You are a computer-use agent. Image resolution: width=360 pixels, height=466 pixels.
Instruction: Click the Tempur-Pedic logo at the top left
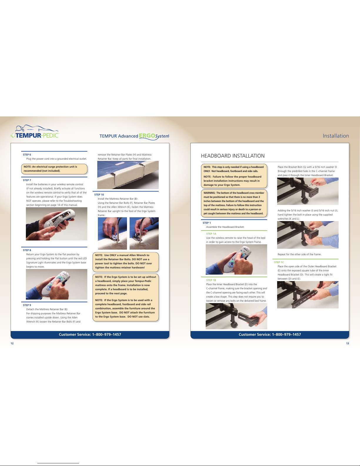click(35, 131)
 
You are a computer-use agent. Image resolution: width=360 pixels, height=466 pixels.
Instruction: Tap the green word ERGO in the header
click(147, 136)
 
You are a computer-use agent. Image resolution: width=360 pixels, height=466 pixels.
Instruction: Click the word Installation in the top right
click(336, 136)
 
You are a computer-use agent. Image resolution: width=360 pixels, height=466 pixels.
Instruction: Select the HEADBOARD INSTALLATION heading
click(233, 156)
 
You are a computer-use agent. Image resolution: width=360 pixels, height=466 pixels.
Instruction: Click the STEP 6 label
click(27, 155)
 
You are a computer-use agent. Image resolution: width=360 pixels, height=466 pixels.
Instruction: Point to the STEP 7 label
click(27, 180)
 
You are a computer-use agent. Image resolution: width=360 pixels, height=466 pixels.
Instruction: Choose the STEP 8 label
click(27, 250)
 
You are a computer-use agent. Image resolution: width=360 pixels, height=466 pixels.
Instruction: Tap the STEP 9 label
click(27, 305)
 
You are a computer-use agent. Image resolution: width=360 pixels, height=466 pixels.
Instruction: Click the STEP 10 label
click(99, 195)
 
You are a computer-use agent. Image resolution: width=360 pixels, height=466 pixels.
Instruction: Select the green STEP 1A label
click(211, 233)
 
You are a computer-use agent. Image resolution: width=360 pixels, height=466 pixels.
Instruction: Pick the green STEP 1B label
click(211, 280)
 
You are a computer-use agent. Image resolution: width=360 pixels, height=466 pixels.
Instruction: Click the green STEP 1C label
click(279, 262)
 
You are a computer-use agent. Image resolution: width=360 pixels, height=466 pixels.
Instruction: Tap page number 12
click(12, 343)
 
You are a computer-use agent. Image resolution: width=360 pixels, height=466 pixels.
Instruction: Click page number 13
click(348, 343)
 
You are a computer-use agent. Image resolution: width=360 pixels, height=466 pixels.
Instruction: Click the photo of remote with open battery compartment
click(56, 224)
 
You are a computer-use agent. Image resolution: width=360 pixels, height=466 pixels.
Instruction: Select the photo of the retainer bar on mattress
click(128, 175)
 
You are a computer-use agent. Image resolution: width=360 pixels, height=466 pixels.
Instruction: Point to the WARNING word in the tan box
click(209, 193)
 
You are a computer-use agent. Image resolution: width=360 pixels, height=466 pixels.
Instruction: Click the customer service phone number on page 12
click(106, 334)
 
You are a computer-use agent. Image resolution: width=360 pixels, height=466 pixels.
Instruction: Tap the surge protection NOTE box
click(54, 169)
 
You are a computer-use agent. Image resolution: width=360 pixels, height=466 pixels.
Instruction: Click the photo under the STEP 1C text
click(308, 295)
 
